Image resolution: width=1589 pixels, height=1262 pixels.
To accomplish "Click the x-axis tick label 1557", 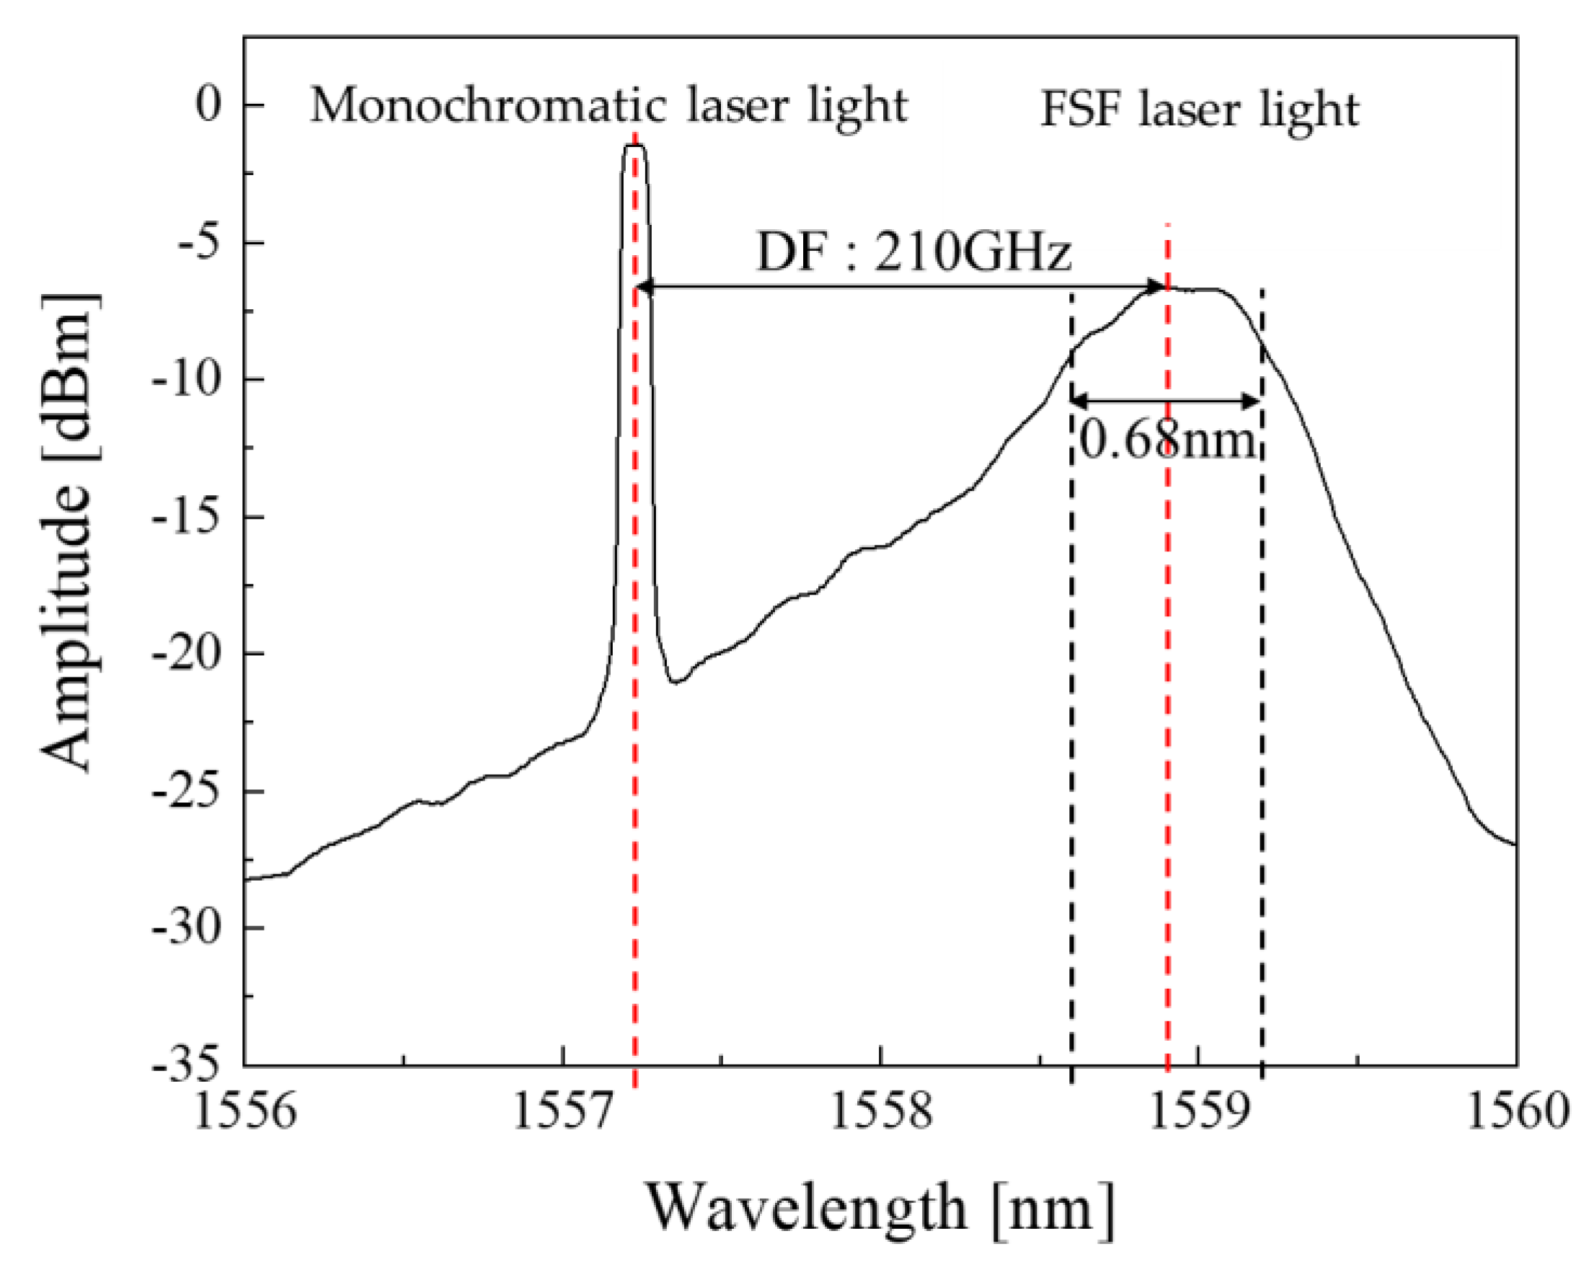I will [563, 1110].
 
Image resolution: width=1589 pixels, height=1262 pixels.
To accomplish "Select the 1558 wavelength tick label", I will [882, 1110].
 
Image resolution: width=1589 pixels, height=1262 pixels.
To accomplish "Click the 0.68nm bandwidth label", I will [1167, 442].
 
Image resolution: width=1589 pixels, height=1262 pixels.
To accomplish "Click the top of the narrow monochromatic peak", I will [634, 146].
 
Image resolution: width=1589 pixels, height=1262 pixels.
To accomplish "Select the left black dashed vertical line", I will [1071, 737].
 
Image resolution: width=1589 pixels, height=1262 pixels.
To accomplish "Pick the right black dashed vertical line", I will [1262, 737].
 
